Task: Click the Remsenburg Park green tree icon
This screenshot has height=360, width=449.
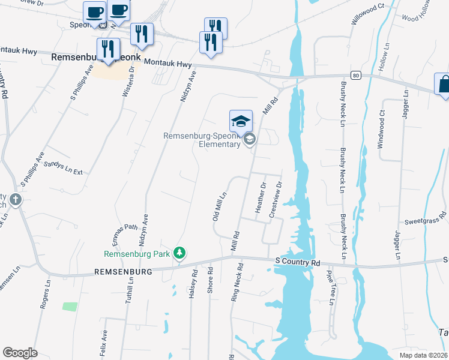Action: (179, 253)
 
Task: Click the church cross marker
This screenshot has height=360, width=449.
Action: (16, 200)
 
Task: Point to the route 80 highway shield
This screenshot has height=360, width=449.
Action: (356, 76)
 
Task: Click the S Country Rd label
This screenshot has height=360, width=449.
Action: (298, 263)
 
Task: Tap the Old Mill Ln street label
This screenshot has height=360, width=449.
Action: (219, 206)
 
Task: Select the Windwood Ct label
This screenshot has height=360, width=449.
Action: (381, 131)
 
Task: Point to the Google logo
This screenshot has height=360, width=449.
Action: (20, 353)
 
